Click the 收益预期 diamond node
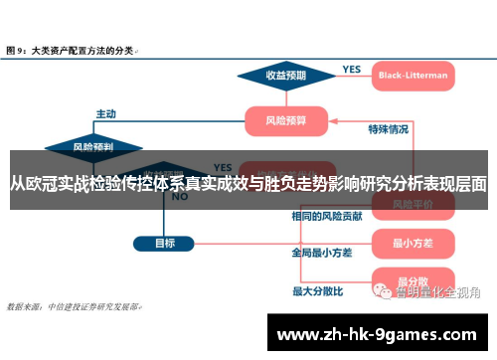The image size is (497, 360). tap(285, 76)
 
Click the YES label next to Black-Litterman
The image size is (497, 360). tap(352, 70)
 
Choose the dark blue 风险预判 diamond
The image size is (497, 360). tap(92, 147)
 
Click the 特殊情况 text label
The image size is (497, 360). tap(389, 128)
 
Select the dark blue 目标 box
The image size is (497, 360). tap(165, 242)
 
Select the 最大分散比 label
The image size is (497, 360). tap(317, 291)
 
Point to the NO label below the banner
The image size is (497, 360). tap(180, 197)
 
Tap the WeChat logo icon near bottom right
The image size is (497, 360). tap(382, 290)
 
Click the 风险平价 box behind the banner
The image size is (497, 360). tap(410, 203)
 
